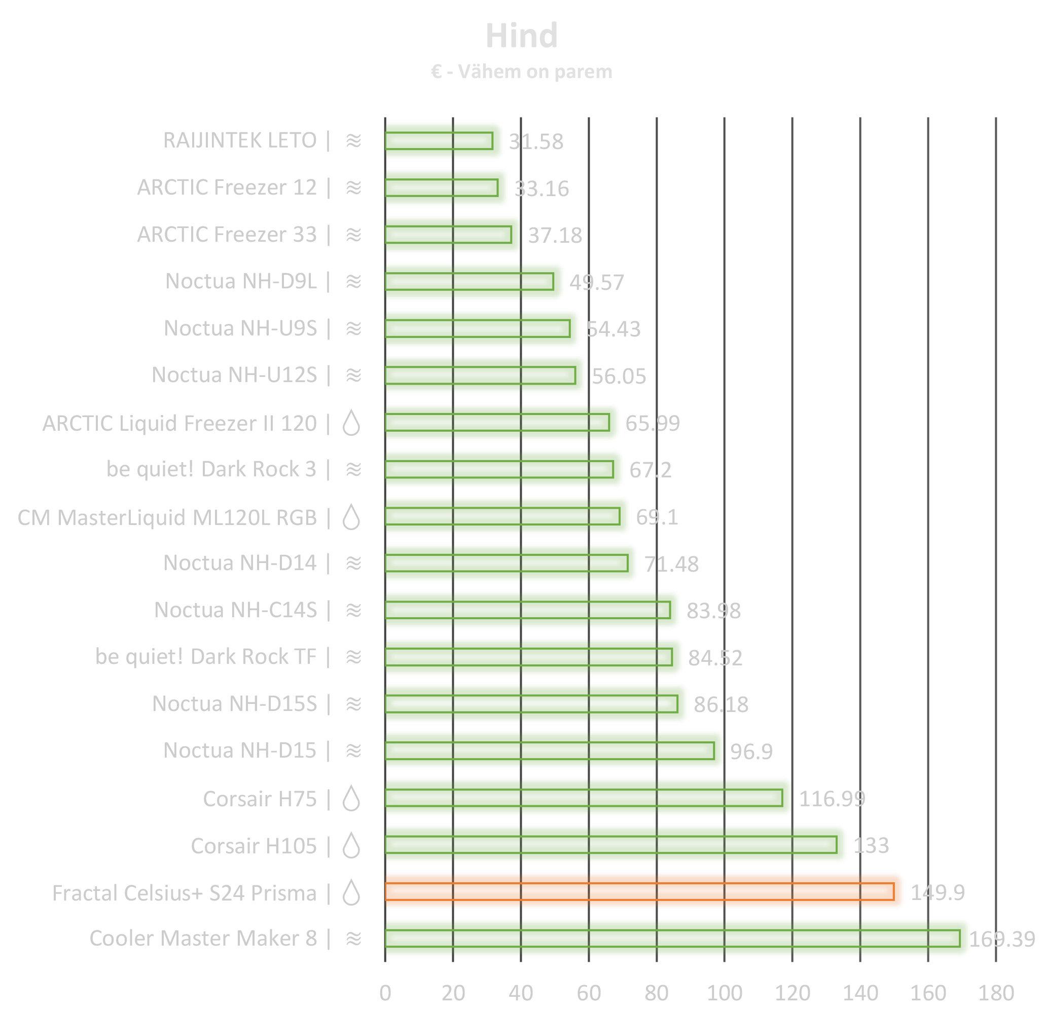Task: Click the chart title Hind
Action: pos(521,36)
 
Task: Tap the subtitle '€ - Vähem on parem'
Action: pos(521,72)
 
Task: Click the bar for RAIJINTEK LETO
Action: pos(444,140)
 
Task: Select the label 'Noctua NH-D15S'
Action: pos(234,704)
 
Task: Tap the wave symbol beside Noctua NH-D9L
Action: pos(354,281)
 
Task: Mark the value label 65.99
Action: pos(653,424)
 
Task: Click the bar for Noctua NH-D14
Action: pos(511,562)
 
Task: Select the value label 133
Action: pos(872,846)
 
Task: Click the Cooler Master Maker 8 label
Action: pos(203,939)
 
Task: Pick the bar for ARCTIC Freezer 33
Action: pos(452,235)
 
